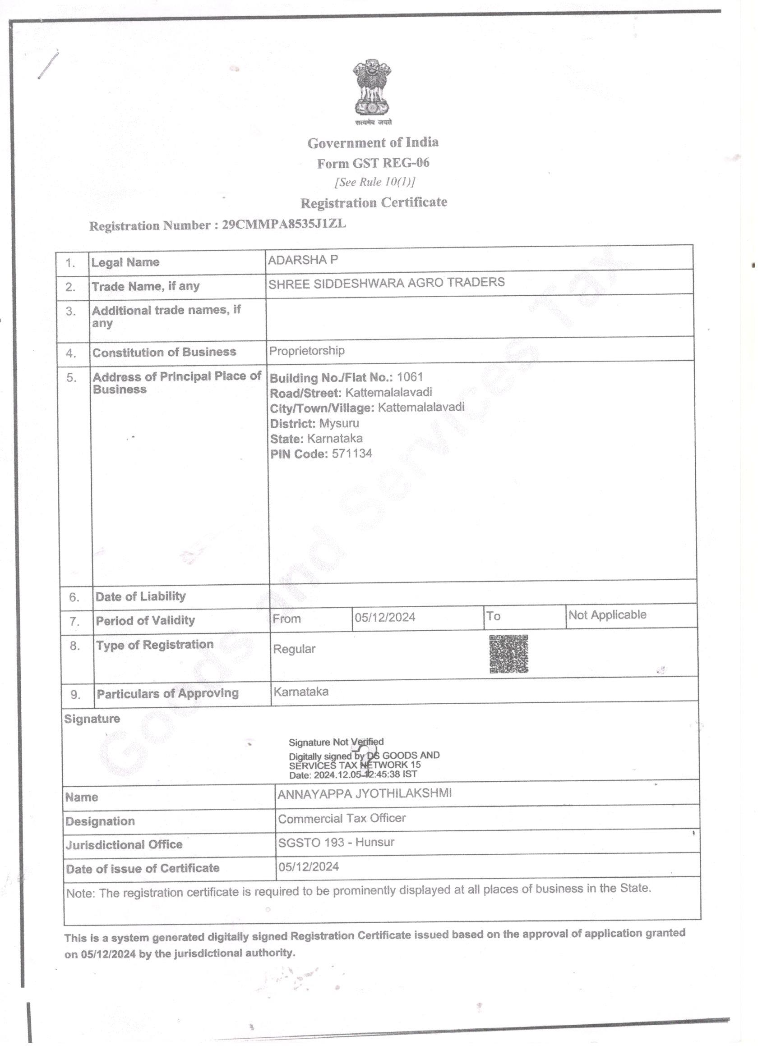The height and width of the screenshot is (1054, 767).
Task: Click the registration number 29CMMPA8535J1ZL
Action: pyautogui.click(x=284, y=224)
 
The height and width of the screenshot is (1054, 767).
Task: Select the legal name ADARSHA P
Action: pyautogui.click(x=303, y=260)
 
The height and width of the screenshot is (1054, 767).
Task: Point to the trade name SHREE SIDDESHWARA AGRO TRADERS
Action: pyautogui.click(x=386, y=283)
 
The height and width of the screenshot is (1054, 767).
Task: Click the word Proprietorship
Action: pyautogui.click(x=307, y=351)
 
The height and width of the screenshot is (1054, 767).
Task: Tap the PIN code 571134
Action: pyautogui.click(x=351, y=454)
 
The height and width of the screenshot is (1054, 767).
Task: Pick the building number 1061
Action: pyautogui.click(x=410, y=377)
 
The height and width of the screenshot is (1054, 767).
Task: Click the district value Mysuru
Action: pyautogui.click(x=339, y=423)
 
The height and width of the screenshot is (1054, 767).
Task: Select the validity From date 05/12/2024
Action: pyautogui.click(x=385, y=617)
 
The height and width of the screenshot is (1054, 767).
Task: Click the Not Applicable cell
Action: pyautogui.click(x=607, y=615)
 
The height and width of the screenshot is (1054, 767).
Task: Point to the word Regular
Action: pyautogui.click(x=294, y=649)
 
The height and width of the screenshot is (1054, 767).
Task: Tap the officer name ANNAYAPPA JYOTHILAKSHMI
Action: pyautogui.click(x=365, y=793)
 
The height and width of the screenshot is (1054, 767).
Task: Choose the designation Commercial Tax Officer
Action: pyautogui.click(x=342, y=818)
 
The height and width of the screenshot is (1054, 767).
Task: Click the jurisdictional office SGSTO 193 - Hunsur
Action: pyautogui.click(x=336, y=843)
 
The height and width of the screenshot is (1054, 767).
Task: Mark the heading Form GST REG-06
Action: pyautogui.click(x=373, y=163)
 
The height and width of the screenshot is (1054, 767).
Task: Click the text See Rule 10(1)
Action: pyautogui.click(x=375, y=182)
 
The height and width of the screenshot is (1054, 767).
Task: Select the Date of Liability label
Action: pyautogui.click(x=140, y=596)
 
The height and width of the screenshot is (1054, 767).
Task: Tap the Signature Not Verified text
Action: pyautogui.click(x=336, y=742)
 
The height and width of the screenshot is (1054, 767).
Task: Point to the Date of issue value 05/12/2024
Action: pyautogui.click(x=309, y=867)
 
